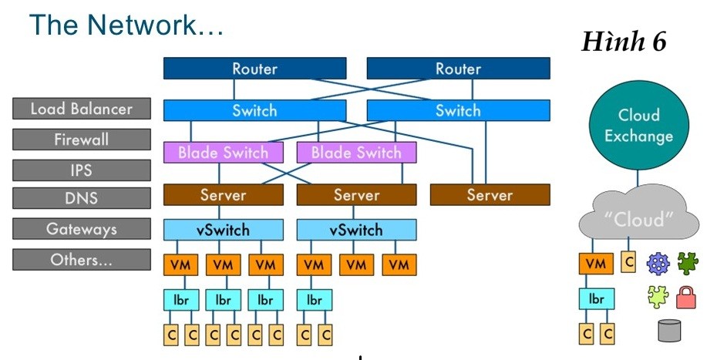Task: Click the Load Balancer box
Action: click(x=81, y=109)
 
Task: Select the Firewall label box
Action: click(x=81, y=140)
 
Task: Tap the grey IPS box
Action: click(x=81, y=170)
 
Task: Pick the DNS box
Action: click(x=81, y=199)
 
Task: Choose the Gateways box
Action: click(x=81, y=229)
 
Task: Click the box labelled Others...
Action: click(x=81, y=260)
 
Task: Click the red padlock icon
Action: click(x=687, y=296)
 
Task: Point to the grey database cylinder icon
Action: click(x=669, y=330)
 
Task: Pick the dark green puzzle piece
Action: click(x=687, y=264)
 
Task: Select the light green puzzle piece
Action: click(x=658, y=296)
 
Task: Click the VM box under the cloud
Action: click(x=594, y=264)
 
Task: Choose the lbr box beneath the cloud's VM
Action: click(x=594, y=298)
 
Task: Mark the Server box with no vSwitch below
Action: click(x=490, y=195)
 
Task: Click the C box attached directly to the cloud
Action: click(x=628, y=262)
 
